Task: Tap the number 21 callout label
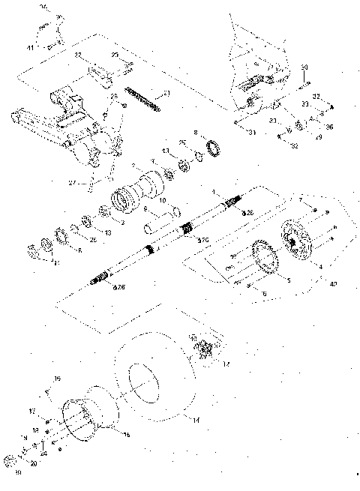167,93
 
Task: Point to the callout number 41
31,46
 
